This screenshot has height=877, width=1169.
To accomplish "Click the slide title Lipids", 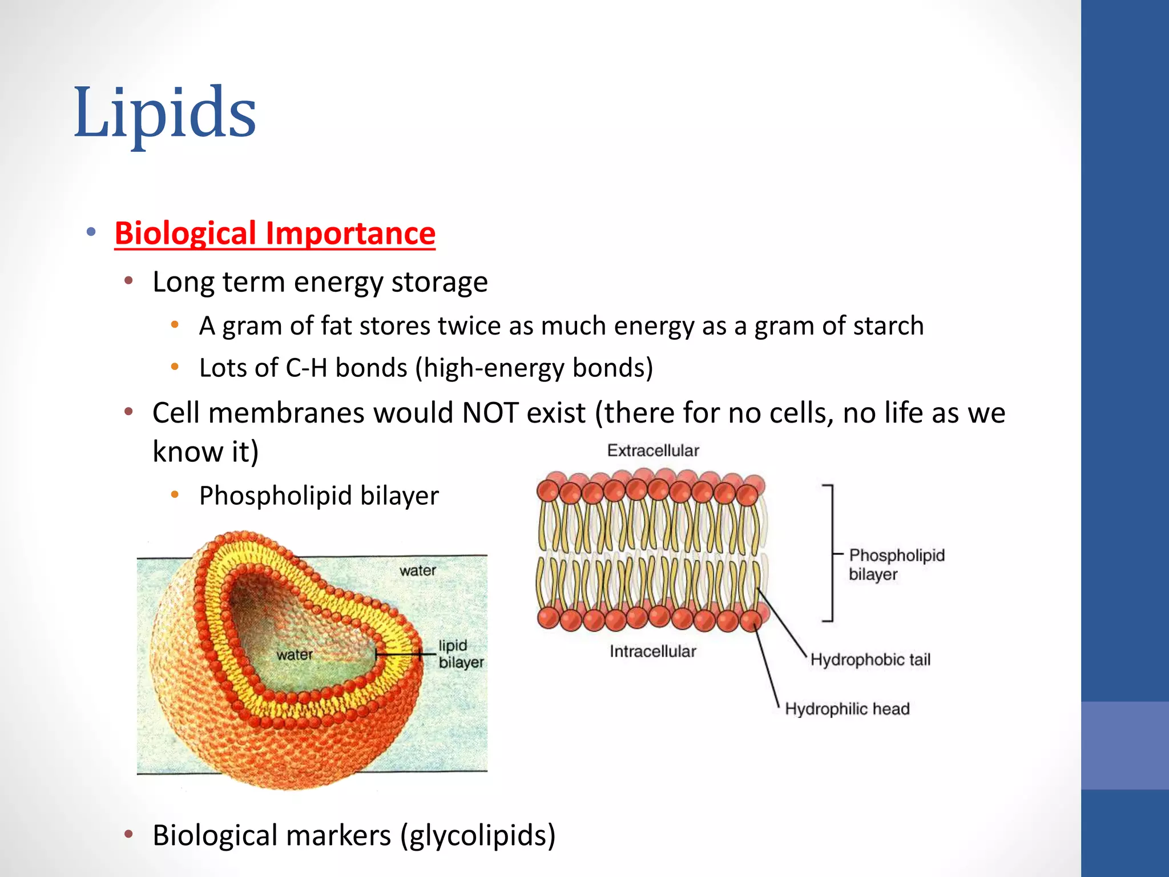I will tap(165, 112).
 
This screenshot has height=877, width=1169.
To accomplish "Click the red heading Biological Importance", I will tap(275, 234).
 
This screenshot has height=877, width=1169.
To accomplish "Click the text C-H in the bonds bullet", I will tap(306, 368).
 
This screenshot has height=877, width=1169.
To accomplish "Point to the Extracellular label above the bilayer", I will tap(653, 450).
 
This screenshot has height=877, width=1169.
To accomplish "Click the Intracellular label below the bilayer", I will tap(652, 651).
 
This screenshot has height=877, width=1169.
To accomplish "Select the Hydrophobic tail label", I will tap(870, 660).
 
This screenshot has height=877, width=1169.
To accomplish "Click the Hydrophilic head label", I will tap(846, 709).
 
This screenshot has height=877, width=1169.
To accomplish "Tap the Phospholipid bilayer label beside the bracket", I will tap(896, 565).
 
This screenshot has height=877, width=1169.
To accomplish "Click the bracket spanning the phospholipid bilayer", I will tap(832, 553).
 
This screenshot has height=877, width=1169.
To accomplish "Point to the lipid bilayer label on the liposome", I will tap(459, 654).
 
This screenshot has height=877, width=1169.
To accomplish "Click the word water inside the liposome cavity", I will tap(295, 655).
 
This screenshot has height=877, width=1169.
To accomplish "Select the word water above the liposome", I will tap(417, 570).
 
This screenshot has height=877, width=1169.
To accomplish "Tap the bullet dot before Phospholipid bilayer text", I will tap(175, 495).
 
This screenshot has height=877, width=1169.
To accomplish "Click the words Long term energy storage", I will tap(320, 282).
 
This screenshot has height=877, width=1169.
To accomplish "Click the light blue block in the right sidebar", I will tap(1124, 745).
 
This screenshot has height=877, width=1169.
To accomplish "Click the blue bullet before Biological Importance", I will tap(91, 232).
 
